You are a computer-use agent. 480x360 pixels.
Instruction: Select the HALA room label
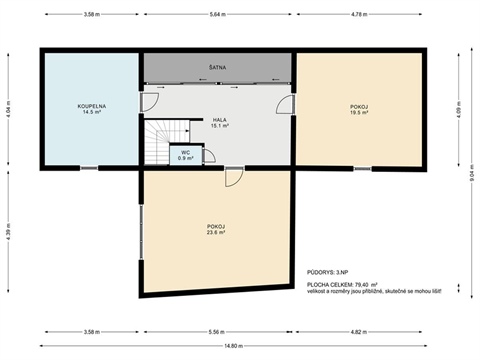(x=220, y=120)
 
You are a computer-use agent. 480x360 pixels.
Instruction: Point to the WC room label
(x=186, y=152)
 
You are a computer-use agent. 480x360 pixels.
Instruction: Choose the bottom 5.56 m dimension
(x=217, y=331)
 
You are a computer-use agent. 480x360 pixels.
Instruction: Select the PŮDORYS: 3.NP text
(x=328, y=271)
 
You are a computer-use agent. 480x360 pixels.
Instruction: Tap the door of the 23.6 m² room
(x=232, y=177)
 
